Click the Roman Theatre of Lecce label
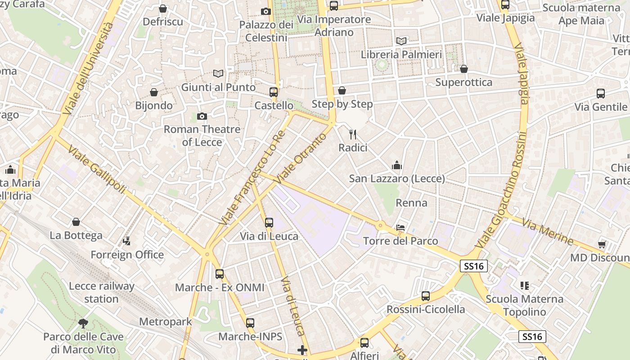[202, 135]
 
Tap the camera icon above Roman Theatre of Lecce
[202, 117]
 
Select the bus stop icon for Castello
[273, 92]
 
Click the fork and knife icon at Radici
[353, 134]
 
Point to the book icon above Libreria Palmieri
[401, 41]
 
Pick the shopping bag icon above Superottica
[464, 69]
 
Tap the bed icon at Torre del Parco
[400, 228]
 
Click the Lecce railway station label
[102, 292]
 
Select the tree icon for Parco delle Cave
[83, 323]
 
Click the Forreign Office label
[127, 255]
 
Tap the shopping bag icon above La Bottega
[76, 222]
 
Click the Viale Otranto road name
[301, 158]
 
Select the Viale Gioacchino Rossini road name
[501, 189]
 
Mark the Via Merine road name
[548, 231]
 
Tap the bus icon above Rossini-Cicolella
[425, 296]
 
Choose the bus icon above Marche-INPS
[250, 323]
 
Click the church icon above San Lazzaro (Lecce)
[396, 166]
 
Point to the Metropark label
[166, 322]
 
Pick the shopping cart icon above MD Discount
[602, 244]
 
